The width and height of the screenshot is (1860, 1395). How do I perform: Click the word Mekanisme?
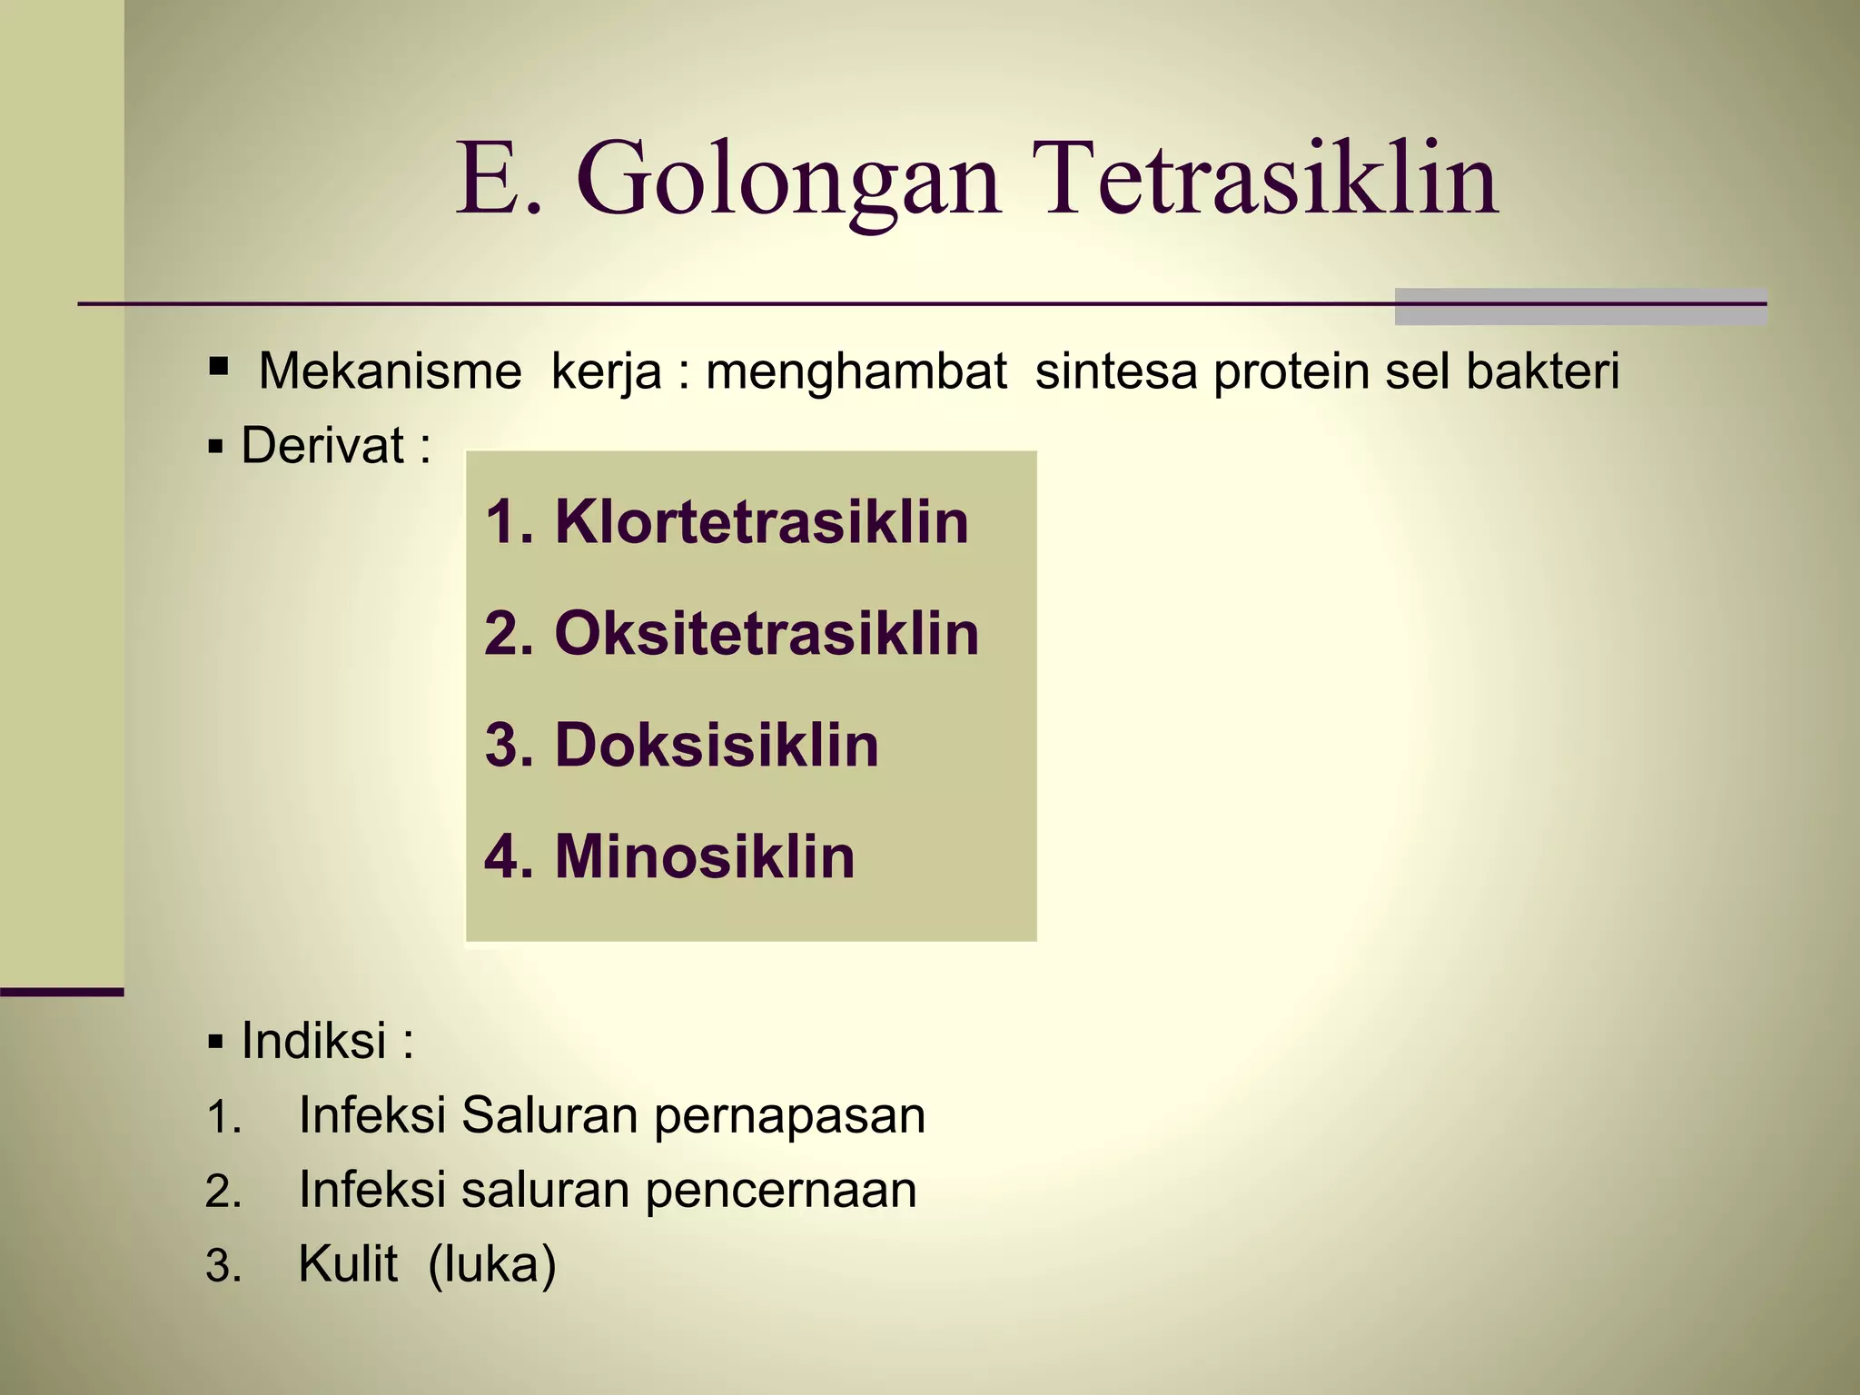(x=390, y=371)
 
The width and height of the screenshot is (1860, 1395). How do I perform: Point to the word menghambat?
(x=856, y=371)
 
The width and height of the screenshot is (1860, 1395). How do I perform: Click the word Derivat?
(x=322, y=446)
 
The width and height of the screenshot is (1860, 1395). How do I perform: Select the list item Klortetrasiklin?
(x=761, y=522)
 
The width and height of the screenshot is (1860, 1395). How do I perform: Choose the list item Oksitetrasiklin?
(x=767, y=634)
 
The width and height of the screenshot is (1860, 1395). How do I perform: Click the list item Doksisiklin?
(x=717, y=746)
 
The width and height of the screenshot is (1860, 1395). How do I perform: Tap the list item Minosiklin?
(x=705, y=856)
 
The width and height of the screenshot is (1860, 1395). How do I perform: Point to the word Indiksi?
(x=313, y=1041)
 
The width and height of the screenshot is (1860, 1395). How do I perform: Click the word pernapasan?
(x=789, y=1116)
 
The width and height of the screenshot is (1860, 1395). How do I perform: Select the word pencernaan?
(x=780, y=1191)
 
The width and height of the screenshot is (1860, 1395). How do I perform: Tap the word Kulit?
(x=348, y=1264)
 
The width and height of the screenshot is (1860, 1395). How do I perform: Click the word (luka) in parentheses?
(x=491, y=1264)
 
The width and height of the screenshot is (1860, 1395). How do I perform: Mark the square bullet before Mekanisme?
(x=218, y=367)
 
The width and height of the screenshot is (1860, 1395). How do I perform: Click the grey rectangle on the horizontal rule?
(x=1580, y=307)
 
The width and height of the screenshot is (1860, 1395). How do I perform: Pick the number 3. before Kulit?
(x=223, y=1267)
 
